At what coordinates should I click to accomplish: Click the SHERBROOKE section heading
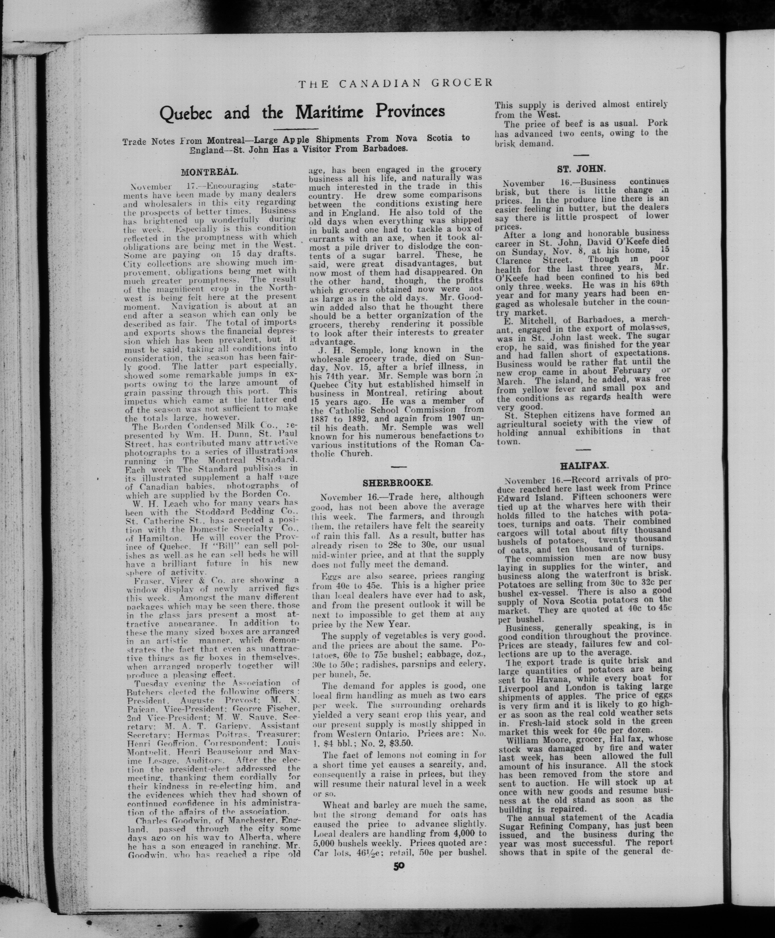pyautogui.click(x=397, y=483)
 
